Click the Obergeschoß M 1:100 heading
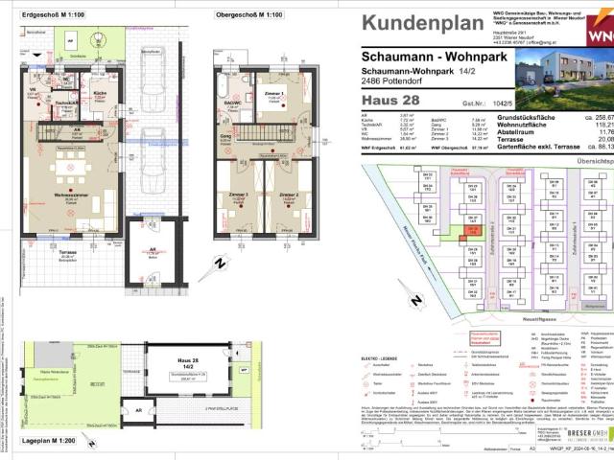tap(248, 15)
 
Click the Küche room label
tap(100, 94)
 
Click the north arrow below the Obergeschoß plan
tap(220, 261)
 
